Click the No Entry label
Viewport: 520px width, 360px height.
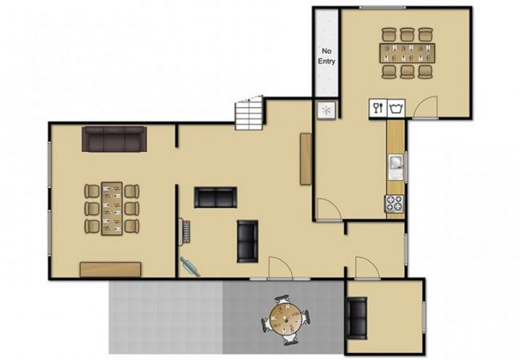(x=326, y=56)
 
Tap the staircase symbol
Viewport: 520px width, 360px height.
(x=250, y=113)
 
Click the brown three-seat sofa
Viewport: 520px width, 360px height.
(x=114, y=139)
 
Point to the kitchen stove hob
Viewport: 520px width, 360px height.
(x=394, y=203)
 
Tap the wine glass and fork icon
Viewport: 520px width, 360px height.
(x=378, y=108)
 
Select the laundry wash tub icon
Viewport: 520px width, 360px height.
(x=396, y=108)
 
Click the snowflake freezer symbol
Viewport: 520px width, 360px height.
(x=326, y=110)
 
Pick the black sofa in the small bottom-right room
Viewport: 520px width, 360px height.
(x=357, y=318)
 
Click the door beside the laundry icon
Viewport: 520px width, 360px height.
(x=426, y=107)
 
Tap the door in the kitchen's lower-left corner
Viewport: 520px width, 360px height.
(x=328, y=210)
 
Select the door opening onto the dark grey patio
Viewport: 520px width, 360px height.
(x=280, y=268)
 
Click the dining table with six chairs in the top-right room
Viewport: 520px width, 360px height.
(x=407, y=53)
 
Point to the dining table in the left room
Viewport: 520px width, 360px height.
(x=112, y=209)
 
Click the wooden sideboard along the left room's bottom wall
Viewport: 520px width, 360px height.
(x=110, y=270)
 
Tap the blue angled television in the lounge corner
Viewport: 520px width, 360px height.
(x=190, y=266)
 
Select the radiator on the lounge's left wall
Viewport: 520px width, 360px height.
(x=184, y=232)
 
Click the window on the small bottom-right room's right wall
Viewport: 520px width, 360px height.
(x=424, y=317)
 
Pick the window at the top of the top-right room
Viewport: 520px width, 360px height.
(x=382, y=8)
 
